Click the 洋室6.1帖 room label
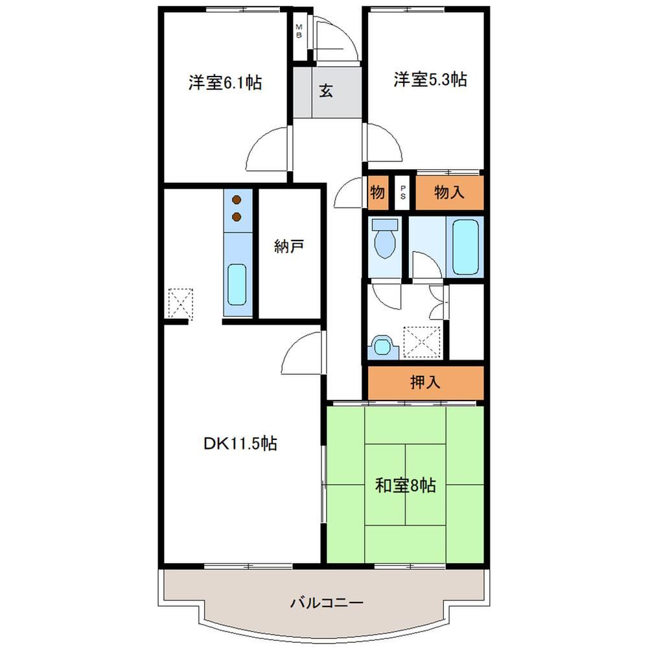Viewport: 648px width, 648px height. click(x=226, y=83)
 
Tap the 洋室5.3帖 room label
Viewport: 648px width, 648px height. click(x=430, y=79)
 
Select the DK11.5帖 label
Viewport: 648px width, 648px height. click(x=240, y=443)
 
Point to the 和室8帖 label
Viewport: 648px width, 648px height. click(x=406, y=485)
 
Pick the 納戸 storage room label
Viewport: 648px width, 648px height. click(x=289, y=246)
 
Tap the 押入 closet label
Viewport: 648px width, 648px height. click(x=425, y=382)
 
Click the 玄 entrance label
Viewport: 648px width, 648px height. click(x=326, y=91)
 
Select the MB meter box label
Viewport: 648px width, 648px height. click(x=299, y=31)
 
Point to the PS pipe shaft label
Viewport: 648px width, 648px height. click(x=403, y=193)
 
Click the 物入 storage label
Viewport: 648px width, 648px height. click(x=449, y=192)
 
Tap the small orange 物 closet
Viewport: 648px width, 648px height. click(x=378, y=192)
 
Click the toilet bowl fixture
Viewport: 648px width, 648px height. click(x=385, y=238)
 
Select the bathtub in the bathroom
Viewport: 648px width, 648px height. click(x=465, y=247)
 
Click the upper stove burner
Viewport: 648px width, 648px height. click(x=237, y=200)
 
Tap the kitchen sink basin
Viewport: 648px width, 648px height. click(x=237, y=284)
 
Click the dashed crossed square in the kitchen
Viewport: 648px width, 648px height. click(x=181, y=304)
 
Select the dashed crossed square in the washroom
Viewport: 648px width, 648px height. click(x=422, y=341)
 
